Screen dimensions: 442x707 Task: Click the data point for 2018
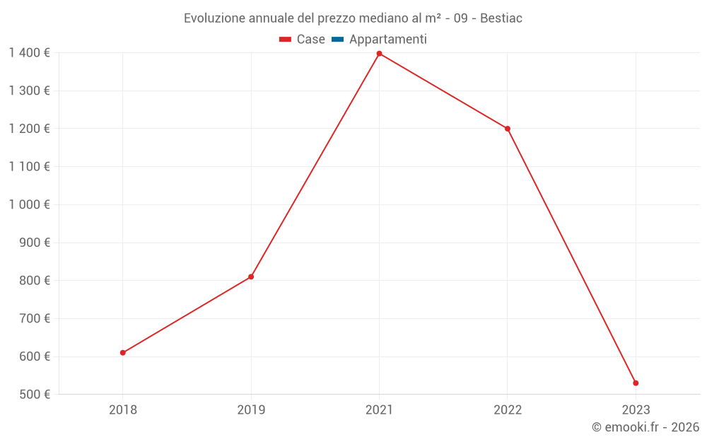(123, 352)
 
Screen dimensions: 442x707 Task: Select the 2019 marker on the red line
(251, 277)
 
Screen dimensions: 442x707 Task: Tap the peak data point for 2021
(380, 54)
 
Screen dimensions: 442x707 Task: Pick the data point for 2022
(508, 129)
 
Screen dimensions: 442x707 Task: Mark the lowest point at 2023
(636, 383)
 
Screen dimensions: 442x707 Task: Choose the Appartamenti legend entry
(387, 40)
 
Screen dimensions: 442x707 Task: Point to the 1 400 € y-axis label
(29, 53)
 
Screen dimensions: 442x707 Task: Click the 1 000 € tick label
(29, 204)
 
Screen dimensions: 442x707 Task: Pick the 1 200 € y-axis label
(29, 129)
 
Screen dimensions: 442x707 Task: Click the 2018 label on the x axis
(123, 410)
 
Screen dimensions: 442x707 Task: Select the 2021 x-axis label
(380, 410)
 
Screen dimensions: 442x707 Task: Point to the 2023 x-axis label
(636, 410)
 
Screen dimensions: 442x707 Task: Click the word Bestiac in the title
(501, 18)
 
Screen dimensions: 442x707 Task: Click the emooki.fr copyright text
(645, 427)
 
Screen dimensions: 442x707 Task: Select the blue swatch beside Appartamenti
(337, 40)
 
